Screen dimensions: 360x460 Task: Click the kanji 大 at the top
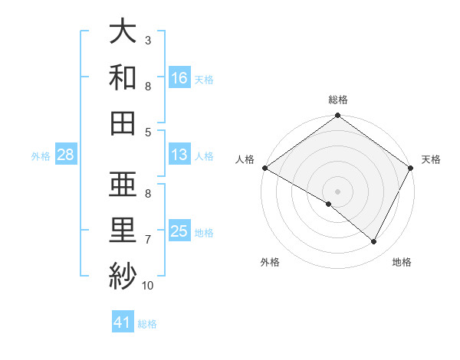123,33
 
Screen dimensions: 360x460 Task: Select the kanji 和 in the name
123,77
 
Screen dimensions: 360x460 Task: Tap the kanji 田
123,123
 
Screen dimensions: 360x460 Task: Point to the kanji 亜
123,184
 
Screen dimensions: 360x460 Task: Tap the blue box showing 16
179,77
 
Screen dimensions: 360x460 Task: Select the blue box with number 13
179,155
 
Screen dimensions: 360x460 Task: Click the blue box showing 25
179,231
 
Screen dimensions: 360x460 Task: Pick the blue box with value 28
65,155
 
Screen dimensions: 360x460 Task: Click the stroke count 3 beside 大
148,40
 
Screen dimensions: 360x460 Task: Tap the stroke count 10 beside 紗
148,286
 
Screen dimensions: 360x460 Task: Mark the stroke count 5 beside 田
148,132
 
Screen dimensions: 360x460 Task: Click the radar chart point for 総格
337,116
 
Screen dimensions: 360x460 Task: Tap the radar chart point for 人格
264,168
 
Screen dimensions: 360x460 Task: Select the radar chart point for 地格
374,241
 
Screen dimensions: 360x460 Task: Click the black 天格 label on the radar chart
431,159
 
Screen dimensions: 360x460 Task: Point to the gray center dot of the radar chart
337,191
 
